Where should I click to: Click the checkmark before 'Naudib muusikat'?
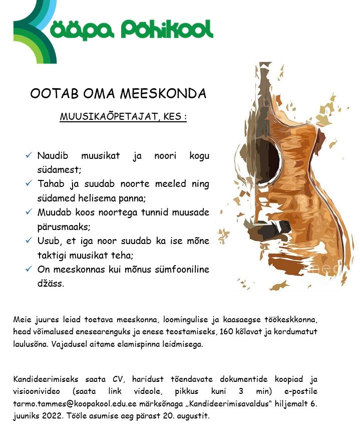click(x=29, y=156)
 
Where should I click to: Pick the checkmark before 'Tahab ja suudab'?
click(x=29, y=184)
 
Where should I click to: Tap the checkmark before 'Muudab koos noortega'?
click(x=29, y=212)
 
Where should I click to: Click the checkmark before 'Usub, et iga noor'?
click(x=29, y=241)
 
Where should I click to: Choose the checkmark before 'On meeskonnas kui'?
click(x=29, y=269)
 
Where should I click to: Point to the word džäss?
click(x=51, y=283)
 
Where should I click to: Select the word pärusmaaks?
click(x=64, y=226)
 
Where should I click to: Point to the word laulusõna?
click(x=30, y=344)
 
